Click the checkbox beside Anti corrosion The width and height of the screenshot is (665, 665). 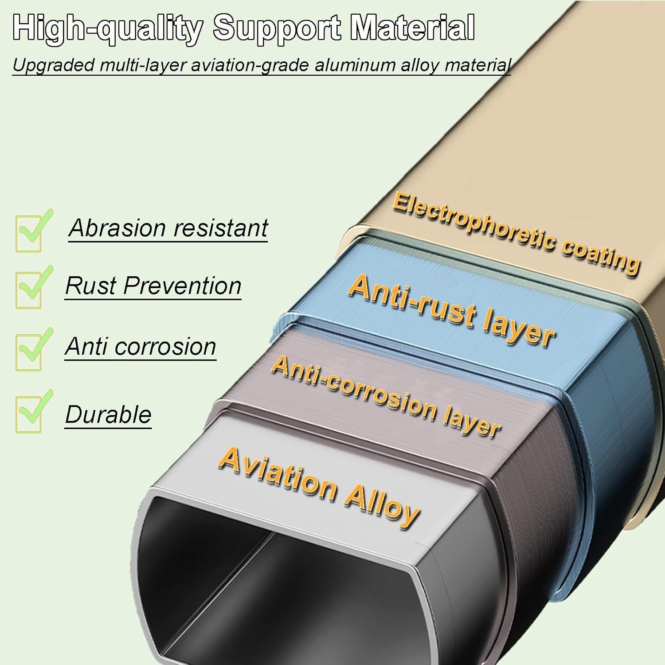click(29, 351)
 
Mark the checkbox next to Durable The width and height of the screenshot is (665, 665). click(29, 413)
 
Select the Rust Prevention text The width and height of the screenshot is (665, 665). click(153, 286)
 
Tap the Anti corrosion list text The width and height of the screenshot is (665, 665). click(141, 346)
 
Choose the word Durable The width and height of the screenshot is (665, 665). click(109, 415)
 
